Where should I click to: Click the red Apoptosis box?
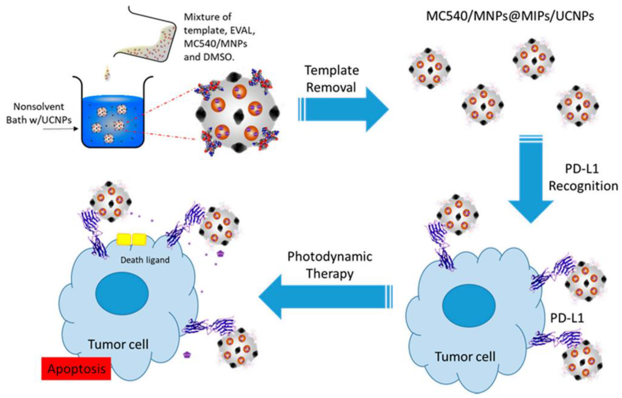pyautogui.click(x=76, y=369)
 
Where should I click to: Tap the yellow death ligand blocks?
pyautogui.click(x=131, y=239)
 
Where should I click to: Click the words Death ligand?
pyautogui.click(x=145, y=260)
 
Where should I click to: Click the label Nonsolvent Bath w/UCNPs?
pyautogui.click(x=39, y=113)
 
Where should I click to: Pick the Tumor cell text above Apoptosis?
pyautogui.click(x=118, y=344)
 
